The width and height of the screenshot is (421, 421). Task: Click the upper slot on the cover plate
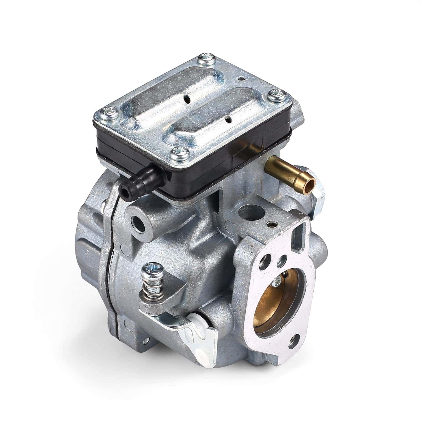[x=187, y=100]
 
